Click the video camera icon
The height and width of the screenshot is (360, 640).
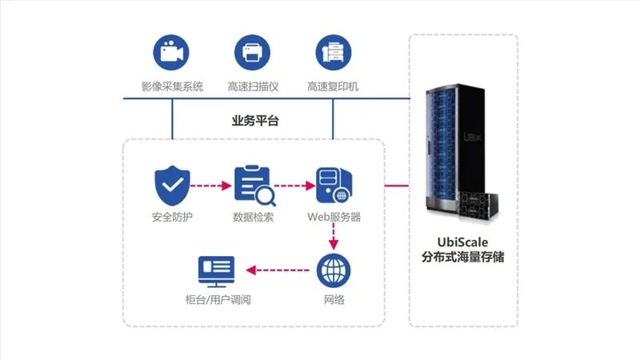coord(171,53)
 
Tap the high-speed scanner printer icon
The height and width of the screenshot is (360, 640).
coord(252,53)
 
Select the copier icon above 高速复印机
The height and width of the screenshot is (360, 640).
coord(334,53)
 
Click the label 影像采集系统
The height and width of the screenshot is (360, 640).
coord(172,86)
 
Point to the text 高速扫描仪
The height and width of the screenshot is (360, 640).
coord(253,86)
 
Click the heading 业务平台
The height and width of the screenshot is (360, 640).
coord(255,121)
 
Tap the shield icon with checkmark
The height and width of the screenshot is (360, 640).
coord(172,186)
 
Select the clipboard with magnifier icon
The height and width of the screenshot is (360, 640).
coord(254,186)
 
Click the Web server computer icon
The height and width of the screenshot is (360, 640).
coord(334,186)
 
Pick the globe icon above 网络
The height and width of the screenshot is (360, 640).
coord(334,270)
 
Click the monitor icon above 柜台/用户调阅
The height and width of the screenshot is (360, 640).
coord(216,271)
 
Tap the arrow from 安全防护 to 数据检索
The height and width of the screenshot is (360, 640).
coord(211,186)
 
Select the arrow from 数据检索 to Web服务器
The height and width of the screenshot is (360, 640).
coord(294,186)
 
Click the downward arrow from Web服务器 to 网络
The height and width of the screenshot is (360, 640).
coord(334,237)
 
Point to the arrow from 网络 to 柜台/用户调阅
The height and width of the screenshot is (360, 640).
coord(278,270)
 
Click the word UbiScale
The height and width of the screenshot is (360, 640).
coord(462,242)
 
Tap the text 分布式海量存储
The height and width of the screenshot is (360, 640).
coord(463,257)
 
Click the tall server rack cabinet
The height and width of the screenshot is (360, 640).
coord(453,149)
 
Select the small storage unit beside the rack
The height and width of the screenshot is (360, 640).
coord(478,206)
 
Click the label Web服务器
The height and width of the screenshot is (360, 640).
coord(334,217)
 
